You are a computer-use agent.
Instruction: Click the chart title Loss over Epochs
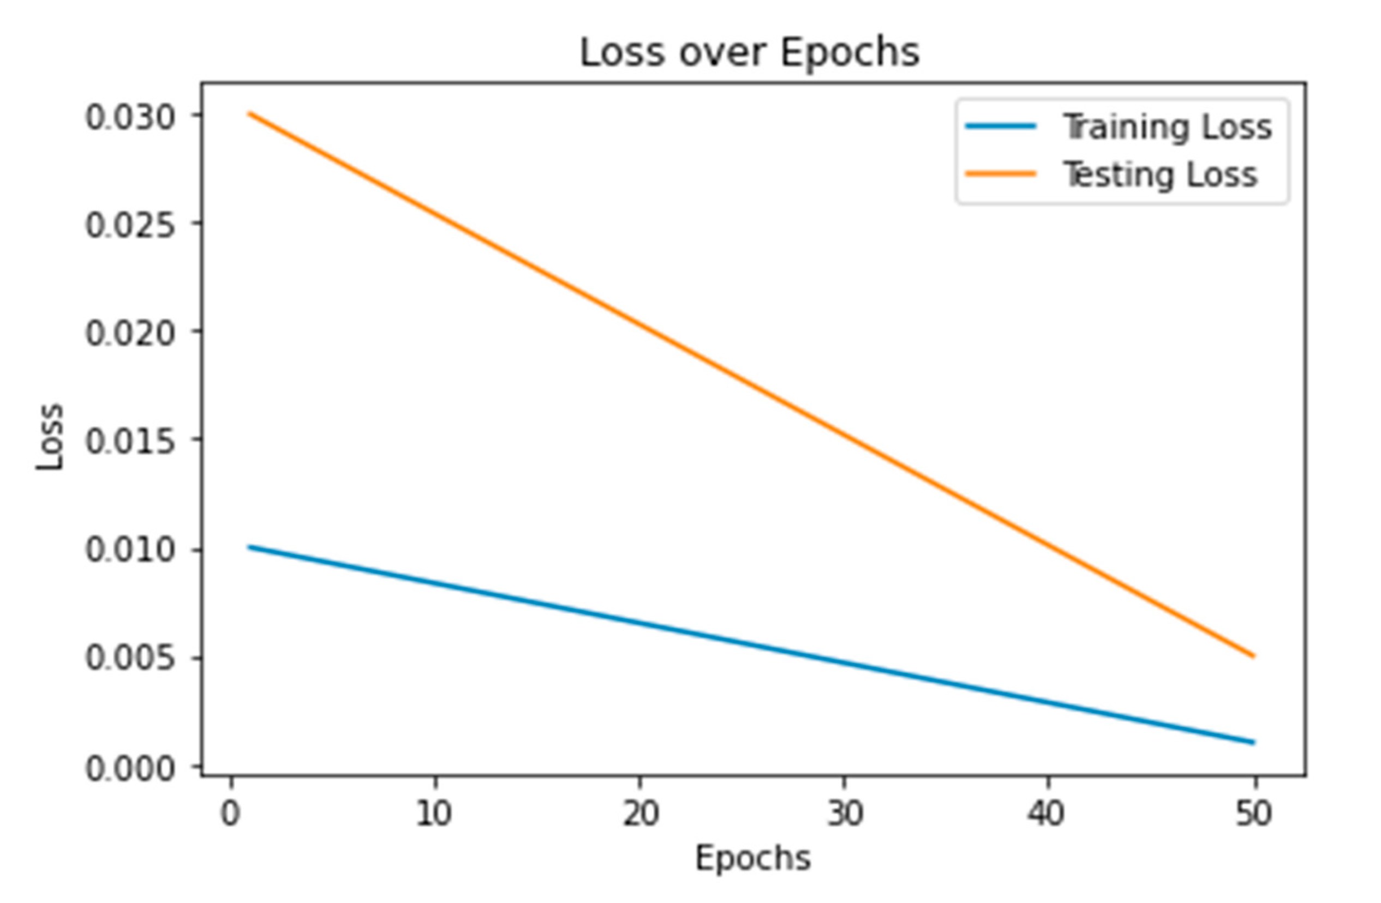[x=749, y=53]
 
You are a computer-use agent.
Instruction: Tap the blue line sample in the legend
[x=1000, y=127]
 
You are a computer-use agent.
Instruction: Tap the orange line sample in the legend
[x=1000, y=173]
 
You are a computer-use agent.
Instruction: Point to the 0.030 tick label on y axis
[x=130, y=117]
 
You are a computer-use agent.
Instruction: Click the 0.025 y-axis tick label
[x=130, y=225]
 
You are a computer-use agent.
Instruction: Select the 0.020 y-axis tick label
[x=130, y=334]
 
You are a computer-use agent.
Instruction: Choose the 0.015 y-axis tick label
[x=130, y=441]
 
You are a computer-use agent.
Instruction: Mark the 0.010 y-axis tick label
[x=130, y=550]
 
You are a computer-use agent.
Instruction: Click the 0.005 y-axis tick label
[x=130, y=658]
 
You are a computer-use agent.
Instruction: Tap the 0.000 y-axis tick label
[x=130, y=769]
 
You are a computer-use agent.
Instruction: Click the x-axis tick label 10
[x=434, y=814]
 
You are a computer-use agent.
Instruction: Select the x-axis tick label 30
[x=845, y=814]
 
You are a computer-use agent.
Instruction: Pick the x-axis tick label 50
[x=1253, y=814]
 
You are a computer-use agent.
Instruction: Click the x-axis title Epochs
[x=752, y=858]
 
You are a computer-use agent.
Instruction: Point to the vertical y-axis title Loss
[x=49, y=436]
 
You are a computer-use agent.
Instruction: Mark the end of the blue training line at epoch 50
[x=1253, y=742]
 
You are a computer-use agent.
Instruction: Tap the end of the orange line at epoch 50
[x=1253, y=656]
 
